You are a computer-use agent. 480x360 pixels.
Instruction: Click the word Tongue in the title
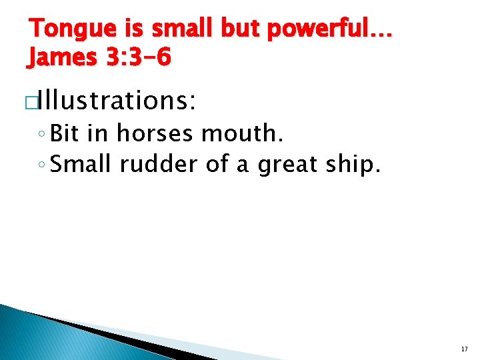[64, 29]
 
